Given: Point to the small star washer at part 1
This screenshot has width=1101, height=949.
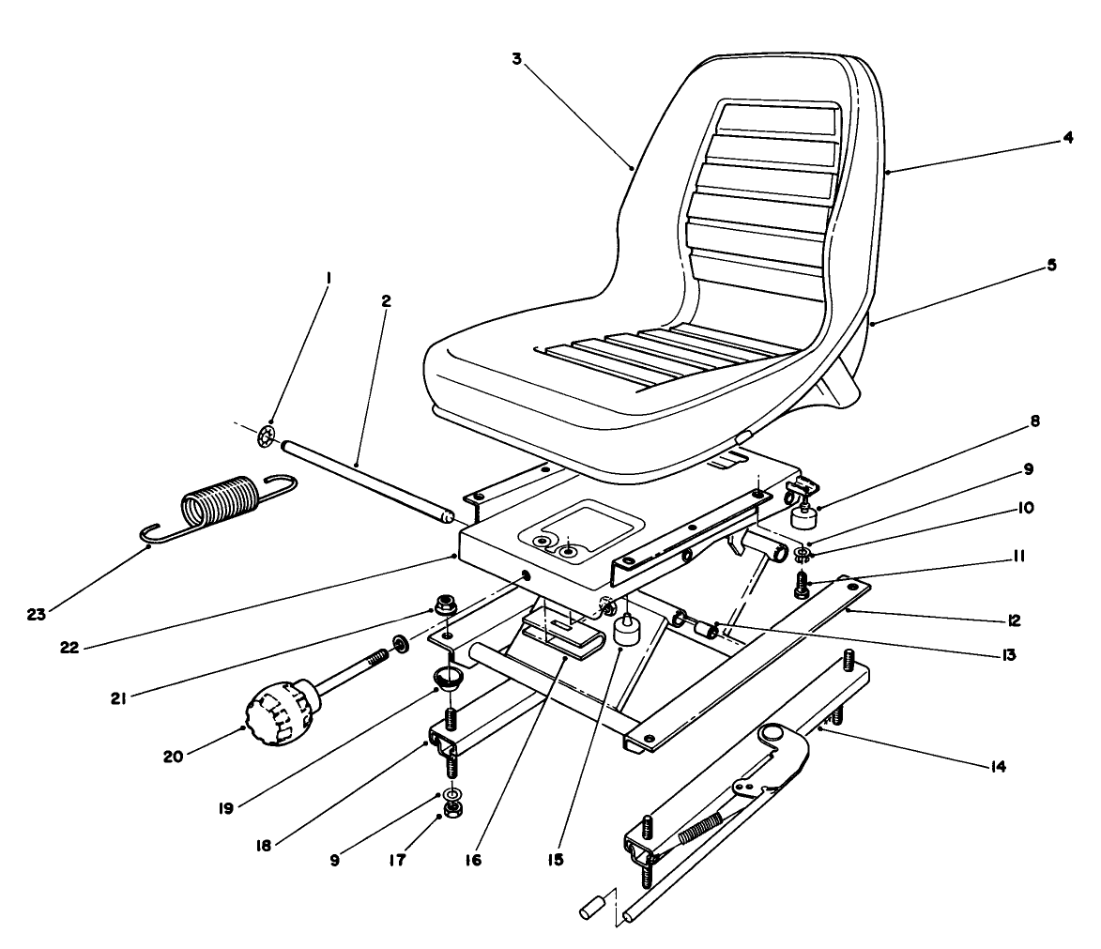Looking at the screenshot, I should [267, 436].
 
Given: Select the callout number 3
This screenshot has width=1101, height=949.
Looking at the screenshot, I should [516, 58].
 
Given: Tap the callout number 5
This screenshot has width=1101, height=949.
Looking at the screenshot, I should [1052, 266].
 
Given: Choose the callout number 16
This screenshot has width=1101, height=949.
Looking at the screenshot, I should [473, 859].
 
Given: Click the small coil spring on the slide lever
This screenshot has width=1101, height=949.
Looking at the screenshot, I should [702, 829].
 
